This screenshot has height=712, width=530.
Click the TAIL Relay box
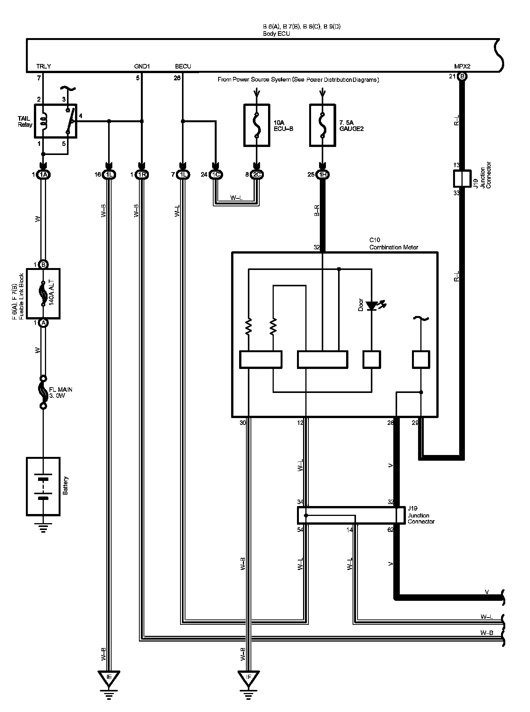point(56,121)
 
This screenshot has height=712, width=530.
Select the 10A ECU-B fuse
point(257,125)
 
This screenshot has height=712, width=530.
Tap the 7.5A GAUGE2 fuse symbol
point(323,125)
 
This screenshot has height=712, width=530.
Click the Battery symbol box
point(43,486)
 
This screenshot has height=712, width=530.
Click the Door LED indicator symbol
point(372,305)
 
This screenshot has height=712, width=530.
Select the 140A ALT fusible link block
point(43,294)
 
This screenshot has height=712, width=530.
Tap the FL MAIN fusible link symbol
point(43,392)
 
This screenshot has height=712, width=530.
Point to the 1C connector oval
point(216,175)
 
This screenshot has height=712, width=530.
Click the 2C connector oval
point(257,175)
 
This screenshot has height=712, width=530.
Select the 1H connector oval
point(323,175)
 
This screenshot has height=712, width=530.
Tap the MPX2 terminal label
point(462,66)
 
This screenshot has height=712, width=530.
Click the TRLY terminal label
point(43,66)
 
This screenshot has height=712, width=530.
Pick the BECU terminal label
point(183,66)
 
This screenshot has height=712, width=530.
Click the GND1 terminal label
point(142,66)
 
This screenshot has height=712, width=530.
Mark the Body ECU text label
point(276,34)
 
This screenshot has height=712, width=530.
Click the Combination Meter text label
point(394,247)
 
